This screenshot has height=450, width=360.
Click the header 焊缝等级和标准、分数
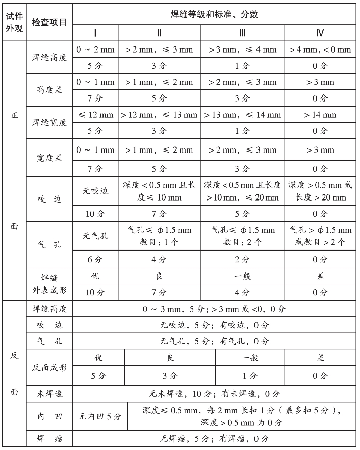coord(214,14)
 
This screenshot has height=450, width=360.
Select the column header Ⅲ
coord(242,33)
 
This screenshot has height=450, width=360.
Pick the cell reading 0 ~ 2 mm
coord(95,49)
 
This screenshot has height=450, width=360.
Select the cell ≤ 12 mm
coord(95,115)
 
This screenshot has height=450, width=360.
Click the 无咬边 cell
coord(95,191)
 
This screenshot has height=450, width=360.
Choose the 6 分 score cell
coord(95,259)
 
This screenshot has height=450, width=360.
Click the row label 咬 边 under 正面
coord(49,199)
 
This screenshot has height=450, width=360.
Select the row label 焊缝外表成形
coord(49,285)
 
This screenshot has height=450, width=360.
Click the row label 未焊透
coord(49,394)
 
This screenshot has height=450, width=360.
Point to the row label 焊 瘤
coord(49,438)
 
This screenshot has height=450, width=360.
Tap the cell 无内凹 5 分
coord(100,416)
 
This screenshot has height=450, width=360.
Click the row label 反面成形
coord(49,367)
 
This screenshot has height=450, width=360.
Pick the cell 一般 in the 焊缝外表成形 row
coord(242,276)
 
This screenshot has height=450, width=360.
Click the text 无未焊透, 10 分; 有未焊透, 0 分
coord(214,394)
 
